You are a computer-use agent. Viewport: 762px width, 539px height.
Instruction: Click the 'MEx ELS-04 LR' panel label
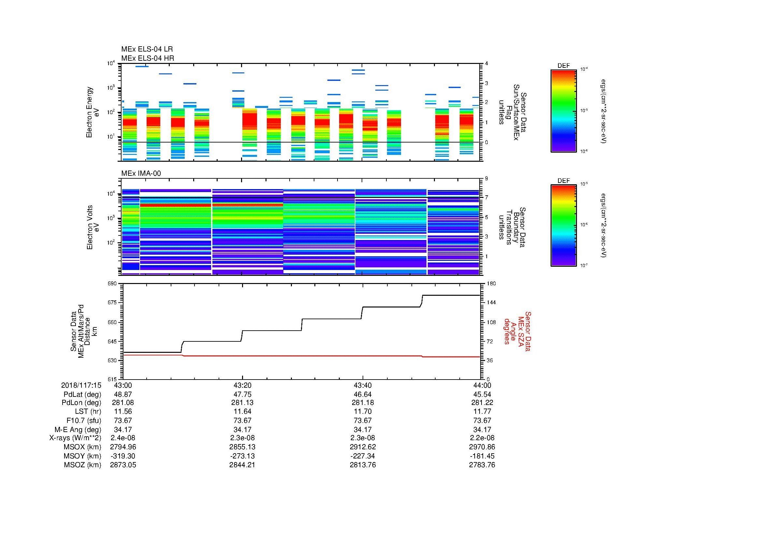(147, 49)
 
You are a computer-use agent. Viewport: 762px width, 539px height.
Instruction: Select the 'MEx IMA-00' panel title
(141, 173)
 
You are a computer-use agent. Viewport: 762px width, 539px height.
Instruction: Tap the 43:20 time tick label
(242, 385)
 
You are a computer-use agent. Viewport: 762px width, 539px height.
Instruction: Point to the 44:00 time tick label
(482, 385)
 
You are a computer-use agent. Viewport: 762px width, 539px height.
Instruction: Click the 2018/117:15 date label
(81, 385)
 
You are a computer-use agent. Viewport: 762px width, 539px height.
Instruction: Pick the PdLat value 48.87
(123, 395)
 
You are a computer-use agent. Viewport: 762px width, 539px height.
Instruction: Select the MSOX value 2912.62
(363, 447)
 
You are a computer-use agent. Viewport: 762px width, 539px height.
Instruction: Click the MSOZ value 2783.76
(482, 465)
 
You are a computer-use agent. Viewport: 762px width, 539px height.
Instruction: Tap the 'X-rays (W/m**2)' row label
(75, 438)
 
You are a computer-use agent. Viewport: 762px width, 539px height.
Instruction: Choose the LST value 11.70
(363, 412)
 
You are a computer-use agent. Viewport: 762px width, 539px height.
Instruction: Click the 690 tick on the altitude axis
(112, 284)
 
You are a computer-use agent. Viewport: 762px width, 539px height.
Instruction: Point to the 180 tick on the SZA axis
(492, 284)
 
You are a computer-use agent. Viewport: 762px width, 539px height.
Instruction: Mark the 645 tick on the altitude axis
(112, 341)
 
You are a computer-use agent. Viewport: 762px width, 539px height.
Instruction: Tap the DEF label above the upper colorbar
(564, 66)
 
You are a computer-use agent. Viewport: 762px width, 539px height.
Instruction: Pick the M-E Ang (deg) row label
(78, 429)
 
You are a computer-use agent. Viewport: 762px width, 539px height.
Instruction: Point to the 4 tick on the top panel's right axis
(486, 64)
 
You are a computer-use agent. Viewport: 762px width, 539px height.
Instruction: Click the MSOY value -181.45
(482, 456)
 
